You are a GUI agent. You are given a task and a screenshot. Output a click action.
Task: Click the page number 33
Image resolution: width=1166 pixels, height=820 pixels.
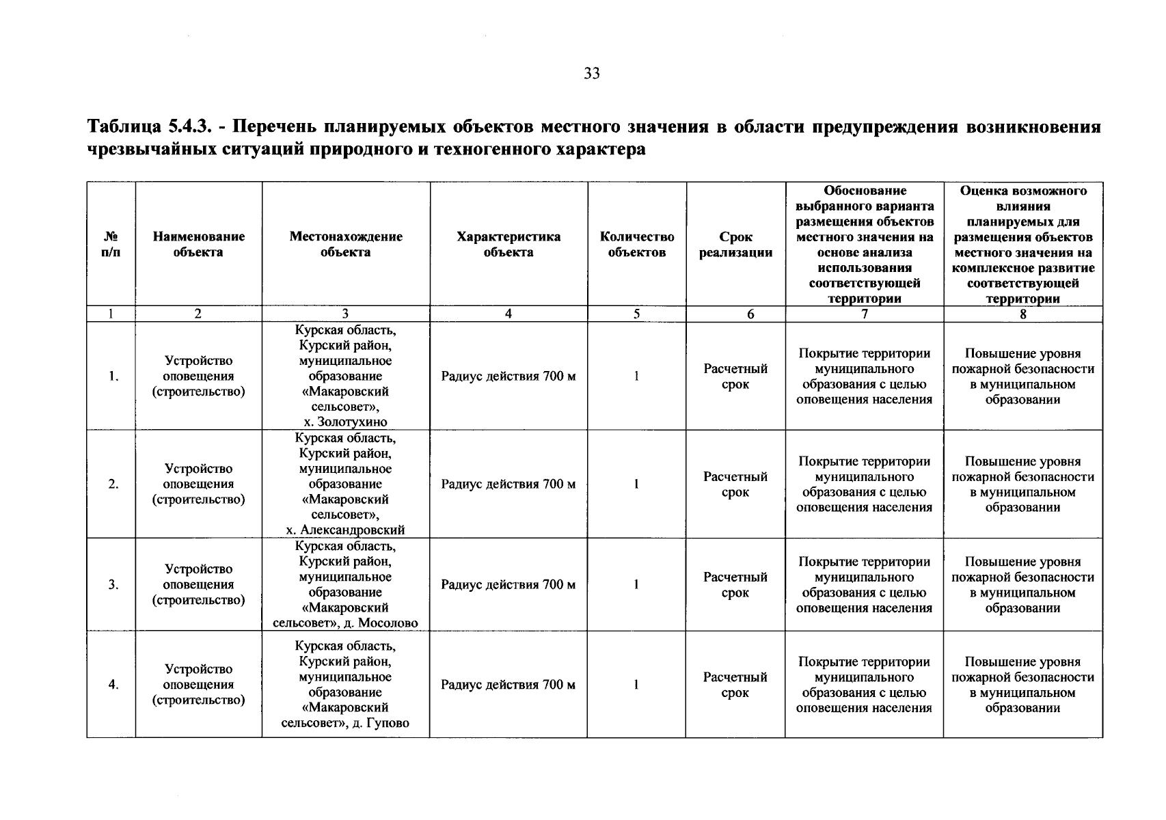tap(592, 74)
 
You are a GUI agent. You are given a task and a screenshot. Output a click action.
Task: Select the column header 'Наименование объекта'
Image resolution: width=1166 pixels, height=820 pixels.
tap(198, 244)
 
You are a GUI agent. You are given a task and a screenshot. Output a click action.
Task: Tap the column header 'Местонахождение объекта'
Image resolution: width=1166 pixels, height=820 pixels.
tap(345, 244)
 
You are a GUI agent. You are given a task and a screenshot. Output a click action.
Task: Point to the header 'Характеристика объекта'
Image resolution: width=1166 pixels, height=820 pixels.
tap(508, 244)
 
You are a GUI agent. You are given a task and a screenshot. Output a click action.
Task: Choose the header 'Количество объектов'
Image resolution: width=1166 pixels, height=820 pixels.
tap(636, 244)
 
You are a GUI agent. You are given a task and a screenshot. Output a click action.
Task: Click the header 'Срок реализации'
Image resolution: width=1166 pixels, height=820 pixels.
tap(735, 244)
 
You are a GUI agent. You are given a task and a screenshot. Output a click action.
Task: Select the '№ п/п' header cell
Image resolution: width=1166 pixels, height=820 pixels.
tap(111, 244)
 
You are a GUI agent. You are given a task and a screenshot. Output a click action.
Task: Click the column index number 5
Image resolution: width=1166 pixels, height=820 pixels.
tap(636, 314)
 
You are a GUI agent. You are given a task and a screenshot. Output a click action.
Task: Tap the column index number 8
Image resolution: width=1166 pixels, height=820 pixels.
tap(1022, 314)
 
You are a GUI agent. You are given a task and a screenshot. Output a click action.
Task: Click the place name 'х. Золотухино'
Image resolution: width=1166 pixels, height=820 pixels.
tap(345, 422)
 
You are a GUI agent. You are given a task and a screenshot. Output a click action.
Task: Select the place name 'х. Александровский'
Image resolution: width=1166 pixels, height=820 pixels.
tap(345, 530)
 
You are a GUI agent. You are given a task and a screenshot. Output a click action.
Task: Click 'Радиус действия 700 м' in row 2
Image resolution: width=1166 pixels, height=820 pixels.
tap(508, 484)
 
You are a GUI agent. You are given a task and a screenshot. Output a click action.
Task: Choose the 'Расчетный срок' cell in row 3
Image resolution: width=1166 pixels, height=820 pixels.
tap(735, 585)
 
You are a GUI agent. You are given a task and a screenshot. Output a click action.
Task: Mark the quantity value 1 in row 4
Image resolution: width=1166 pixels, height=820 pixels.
tap(636, 685)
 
